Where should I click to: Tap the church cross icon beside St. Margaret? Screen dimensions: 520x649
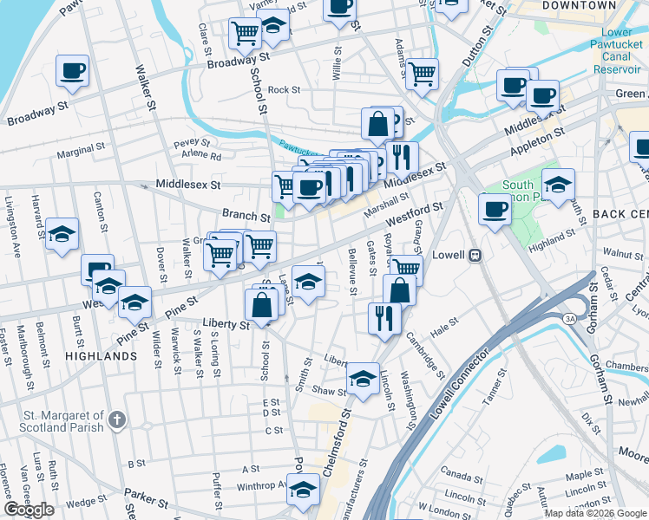[x=118, y=422]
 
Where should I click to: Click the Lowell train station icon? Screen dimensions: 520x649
[x=475, y=256]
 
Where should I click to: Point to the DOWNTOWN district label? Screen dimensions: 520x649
[x=579, y=5]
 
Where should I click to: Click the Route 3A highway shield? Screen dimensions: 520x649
[x=569, y=319]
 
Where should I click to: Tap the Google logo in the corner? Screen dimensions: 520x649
[x=29, y=510]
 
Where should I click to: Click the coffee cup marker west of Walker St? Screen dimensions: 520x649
[x=72, y=70]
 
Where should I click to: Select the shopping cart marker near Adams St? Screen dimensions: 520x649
[x=423, y=74]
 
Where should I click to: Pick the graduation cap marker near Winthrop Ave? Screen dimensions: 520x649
[x=303, y=490]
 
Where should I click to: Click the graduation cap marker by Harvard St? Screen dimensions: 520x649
[x=62, y=234]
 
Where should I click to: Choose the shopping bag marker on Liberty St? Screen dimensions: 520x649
[x=262, y=304]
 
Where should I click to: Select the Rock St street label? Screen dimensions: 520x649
[x=284, y=89]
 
